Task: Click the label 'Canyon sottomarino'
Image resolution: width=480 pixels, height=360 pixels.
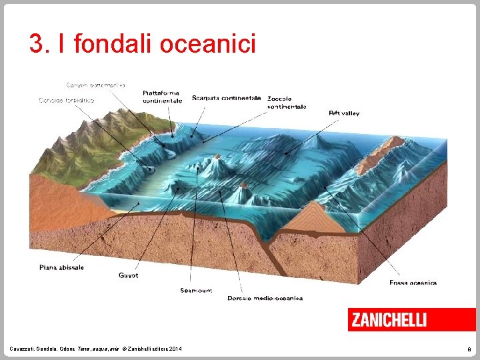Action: pyautogui.click(x=95, y=85)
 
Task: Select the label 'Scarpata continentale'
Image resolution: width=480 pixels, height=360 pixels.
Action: pyautogui.click(x=226, y=98)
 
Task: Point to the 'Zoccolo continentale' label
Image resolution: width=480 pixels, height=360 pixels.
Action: pyautogui.click(x=287, y=103)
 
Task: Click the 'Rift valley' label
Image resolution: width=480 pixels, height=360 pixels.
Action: pyautogui.click(x=344, y=113)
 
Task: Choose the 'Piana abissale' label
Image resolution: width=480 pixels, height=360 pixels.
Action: pyautogui.click(x=61, y=267)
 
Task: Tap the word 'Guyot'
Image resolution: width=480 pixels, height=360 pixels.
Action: pyautogui.click(x=128, y=275)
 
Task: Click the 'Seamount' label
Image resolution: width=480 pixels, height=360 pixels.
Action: pyautogui.click(x=196, y=290)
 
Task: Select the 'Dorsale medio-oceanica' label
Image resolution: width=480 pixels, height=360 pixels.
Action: pyautogui.click(x=265, y=298)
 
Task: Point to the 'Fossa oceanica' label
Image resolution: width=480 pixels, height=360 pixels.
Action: pyautogui.click(x=413, y=283)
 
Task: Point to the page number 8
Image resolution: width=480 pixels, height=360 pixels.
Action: pyautogui.click(x=469, y=349)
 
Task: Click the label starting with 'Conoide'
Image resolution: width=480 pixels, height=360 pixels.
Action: pyautogui.click(x=67, y=101)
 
